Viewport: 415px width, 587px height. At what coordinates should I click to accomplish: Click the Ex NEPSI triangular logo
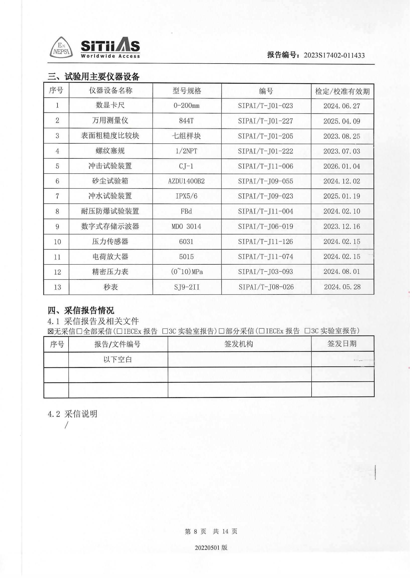click(61, 48)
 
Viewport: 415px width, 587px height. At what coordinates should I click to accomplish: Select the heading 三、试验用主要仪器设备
click(94, 76)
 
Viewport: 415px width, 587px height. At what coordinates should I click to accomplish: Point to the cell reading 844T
click(186, 121)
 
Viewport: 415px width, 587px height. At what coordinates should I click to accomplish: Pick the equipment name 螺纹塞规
click(110, 151)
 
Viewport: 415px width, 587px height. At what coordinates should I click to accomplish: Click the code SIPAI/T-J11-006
click(266, 166)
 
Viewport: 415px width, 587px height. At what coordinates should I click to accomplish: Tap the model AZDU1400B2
click(186, 181)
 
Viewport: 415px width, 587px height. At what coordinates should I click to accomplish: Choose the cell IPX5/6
click(186, 196)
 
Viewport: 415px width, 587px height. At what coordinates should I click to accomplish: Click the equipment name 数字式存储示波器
click(110, 226)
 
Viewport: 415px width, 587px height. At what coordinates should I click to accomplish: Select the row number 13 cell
click(57, 287)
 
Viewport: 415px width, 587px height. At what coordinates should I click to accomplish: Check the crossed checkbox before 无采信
click(50, 332)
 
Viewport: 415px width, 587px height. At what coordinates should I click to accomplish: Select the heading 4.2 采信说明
click(73, 414)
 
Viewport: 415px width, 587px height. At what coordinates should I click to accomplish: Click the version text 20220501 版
click(211, 547)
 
